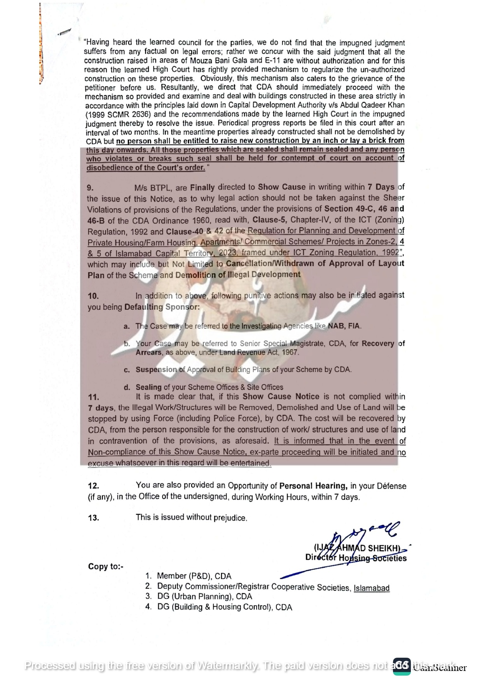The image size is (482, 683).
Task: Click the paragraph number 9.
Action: (x=90, y=188)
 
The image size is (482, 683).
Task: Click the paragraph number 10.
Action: (x=93, y=296)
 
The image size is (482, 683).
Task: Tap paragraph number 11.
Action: (x=94, y=397)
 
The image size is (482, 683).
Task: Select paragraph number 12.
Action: (x=94, y=486)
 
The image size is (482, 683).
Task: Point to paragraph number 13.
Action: (x=94, y=518)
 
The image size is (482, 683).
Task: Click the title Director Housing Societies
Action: (x=356, y=558)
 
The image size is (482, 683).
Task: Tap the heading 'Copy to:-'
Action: (x=106, y=567)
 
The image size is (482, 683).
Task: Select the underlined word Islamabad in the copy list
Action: (x=371, y=588)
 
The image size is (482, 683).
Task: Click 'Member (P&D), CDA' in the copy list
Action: (x=194, y=576)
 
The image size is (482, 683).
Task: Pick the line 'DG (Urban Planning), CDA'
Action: (x=204, y=597)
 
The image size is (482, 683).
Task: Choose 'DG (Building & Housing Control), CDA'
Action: (x=225, y=607)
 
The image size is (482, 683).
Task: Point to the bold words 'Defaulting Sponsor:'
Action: (x=162, y=307)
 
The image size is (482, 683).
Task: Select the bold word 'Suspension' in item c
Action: (x=156, y=370)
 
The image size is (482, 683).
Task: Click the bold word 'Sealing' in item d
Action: (x=148, y=387)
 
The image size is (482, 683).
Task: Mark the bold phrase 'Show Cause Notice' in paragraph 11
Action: (x=281, y=397)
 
